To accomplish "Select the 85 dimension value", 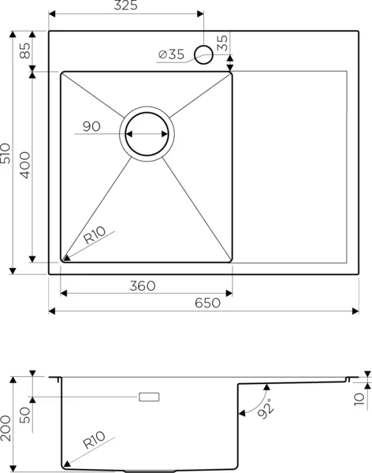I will (x=25, y=51).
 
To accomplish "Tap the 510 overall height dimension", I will (x=6, y=153).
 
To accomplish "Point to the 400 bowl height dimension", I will (x=25, y=165).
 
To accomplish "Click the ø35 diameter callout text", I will (x=171, y=54).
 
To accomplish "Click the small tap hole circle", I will (x=203, y=54).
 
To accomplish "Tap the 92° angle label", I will (x=266, y=408).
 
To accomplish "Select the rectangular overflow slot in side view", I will (x=149, y=397).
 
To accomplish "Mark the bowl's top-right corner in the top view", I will (x=232, y=73).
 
